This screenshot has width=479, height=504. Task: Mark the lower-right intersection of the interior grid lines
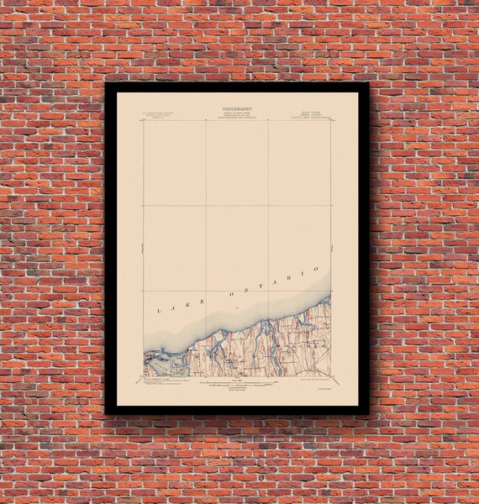tap(269, 291)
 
